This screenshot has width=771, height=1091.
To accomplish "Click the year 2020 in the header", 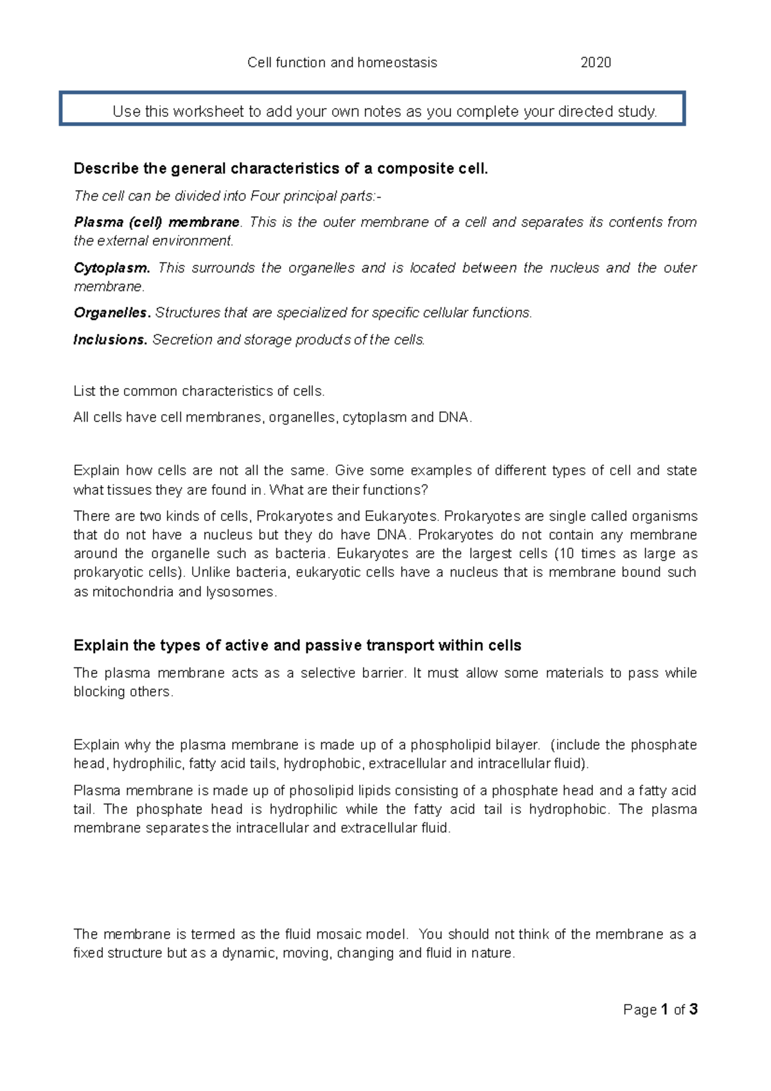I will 595,62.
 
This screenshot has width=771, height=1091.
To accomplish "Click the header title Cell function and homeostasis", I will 342,62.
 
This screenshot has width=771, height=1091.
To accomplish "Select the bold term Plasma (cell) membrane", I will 157,222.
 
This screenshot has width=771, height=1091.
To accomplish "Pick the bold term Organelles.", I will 112,313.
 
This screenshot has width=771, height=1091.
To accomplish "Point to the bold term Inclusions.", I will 111,340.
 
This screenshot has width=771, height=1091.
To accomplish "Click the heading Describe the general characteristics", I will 281,168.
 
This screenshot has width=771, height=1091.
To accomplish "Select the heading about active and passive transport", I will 297,645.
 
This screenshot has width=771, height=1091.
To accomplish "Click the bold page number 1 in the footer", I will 664,1009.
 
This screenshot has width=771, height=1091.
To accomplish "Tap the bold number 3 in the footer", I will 693,1009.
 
